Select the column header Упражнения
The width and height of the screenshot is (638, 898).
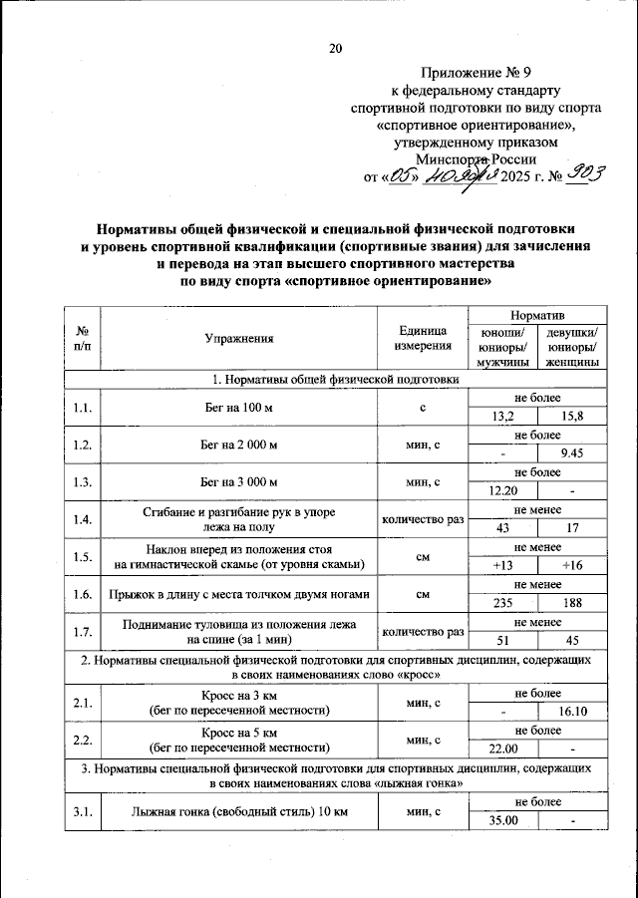click(x=239, y=338)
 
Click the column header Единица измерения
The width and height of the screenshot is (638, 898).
click(x=422, y=338)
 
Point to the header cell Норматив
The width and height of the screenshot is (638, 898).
click(x=537, y=314)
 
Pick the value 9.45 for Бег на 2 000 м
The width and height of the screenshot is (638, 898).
click(x=572, y=453)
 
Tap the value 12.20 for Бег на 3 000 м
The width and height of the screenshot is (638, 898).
click(x=503, y=491)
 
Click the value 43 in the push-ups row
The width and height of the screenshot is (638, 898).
click(x=503, y=528)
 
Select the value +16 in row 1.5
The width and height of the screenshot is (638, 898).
click(x=572, y=566)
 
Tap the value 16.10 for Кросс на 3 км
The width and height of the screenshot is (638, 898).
click(x=572, y=711)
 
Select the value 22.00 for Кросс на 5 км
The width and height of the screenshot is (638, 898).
click(x=503, y=748)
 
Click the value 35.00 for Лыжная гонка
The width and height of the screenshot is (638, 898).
click(x=503, y=819)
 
